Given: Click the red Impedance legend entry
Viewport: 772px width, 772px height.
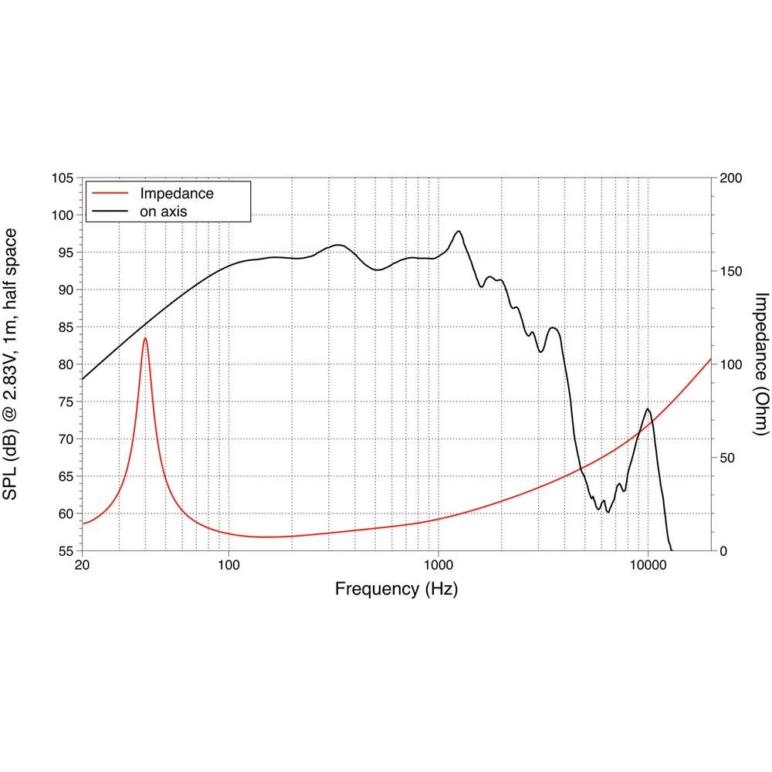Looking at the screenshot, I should [x=176, y=193].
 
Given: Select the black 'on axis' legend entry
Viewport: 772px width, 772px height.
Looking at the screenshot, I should [x=164, y=210].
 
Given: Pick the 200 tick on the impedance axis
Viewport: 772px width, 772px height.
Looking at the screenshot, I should [x=730, y=178].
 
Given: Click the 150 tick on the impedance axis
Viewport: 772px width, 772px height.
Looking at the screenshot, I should [x=730, y=272].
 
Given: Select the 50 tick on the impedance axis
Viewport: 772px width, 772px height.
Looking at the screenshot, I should [x=727, y=458].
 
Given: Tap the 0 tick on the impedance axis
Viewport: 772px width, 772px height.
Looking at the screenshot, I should [x=724, y=551].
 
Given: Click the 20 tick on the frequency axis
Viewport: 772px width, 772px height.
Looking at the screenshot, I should [x=83, y=565].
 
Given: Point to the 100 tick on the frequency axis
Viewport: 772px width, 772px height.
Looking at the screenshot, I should [x=229, y=565].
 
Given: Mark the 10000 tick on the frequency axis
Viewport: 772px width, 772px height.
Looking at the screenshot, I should [x=648, y=565].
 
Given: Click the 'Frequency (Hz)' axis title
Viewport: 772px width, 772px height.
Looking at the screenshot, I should [x=396, y=589].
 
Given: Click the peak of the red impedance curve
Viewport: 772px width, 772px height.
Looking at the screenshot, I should [x=144, y=337].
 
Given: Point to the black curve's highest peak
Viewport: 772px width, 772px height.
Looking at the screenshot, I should [x=459, y=231].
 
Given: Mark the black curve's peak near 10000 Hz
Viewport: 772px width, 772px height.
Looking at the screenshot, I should [x=648, y=409].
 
